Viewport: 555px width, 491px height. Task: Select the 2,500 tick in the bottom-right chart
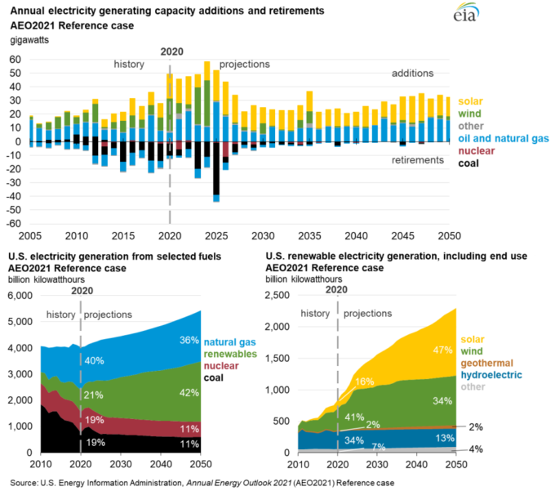[277, 296]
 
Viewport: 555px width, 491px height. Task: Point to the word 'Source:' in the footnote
[25, 483]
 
